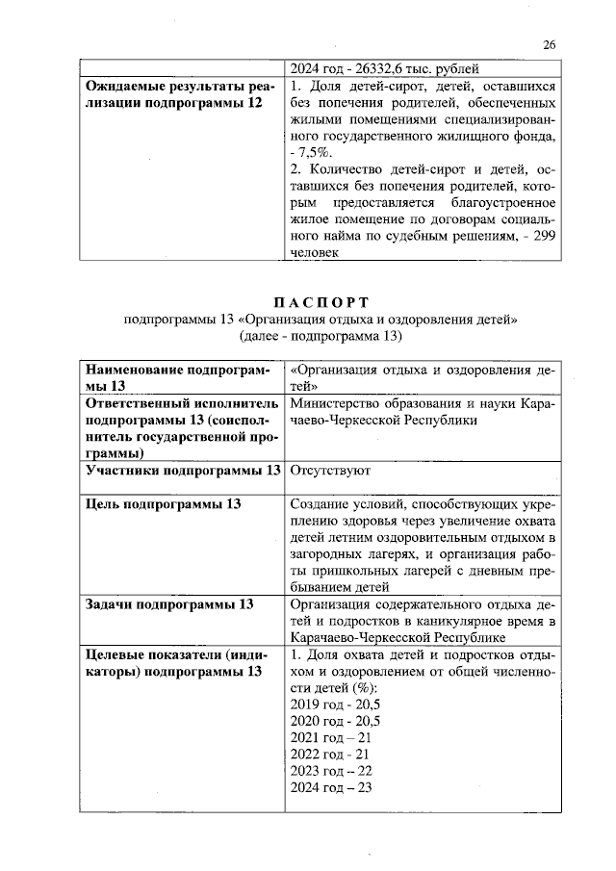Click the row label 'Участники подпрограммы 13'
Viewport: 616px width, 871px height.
tap(183, 471)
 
